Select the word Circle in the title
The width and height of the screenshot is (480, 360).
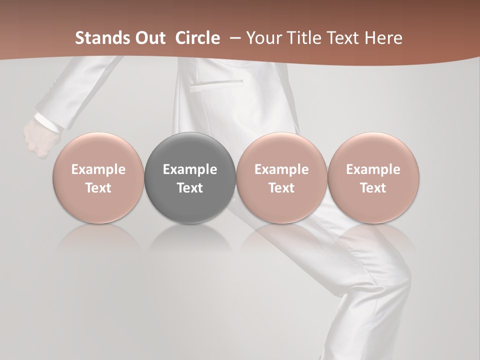[197, 38]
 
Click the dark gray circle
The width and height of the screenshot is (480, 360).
[189, 177]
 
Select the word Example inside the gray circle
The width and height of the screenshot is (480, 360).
[189, 169]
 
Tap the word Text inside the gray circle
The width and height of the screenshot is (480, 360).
[189, 188]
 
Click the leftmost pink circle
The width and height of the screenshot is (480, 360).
[98, 177]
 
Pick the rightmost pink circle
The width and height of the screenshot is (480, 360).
[373, 177]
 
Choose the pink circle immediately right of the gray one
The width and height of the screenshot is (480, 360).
[281, 177]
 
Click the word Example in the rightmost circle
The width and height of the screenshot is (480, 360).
[373, 169]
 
